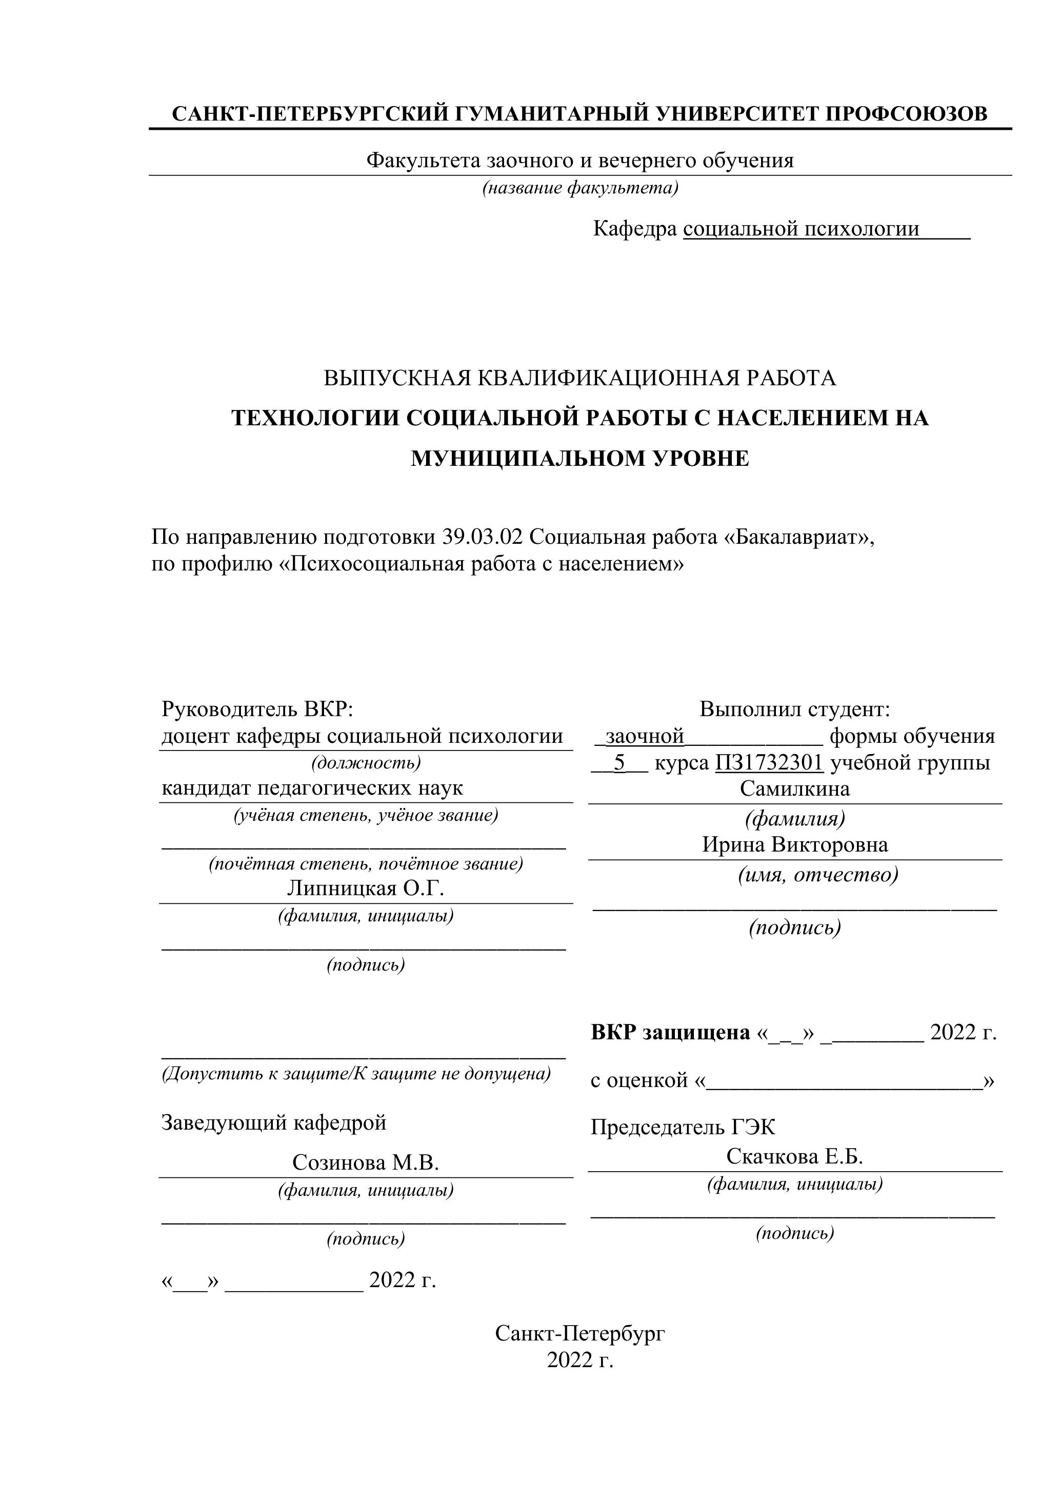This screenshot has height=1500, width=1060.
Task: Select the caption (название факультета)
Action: point(580,188)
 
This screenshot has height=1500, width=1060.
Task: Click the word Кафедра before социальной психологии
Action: point(635,229)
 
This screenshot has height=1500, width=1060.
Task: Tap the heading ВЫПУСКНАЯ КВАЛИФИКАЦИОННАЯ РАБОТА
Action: point(580,378)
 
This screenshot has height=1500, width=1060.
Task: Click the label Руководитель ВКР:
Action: point(257,709)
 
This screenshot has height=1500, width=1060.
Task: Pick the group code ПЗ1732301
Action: point(769,762)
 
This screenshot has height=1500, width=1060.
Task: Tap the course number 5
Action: point(619,762)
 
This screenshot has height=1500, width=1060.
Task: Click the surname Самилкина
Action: point(795,788)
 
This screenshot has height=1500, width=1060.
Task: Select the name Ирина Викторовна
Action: point(795,845)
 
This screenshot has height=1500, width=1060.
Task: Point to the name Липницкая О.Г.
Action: point(366,888)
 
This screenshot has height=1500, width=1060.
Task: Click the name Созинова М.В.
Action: point(366,1162)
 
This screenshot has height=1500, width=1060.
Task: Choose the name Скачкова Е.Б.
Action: point(795,1156)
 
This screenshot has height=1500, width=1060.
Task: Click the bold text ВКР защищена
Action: point(670,1032)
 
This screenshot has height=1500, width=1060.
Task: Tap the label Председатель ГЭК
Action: point(683,1127)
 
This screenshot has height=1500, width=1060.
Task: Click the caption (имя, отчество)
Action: point(818,874)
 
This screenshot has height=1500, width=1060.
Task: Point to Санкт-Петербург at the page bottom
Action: point(580,1333)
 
